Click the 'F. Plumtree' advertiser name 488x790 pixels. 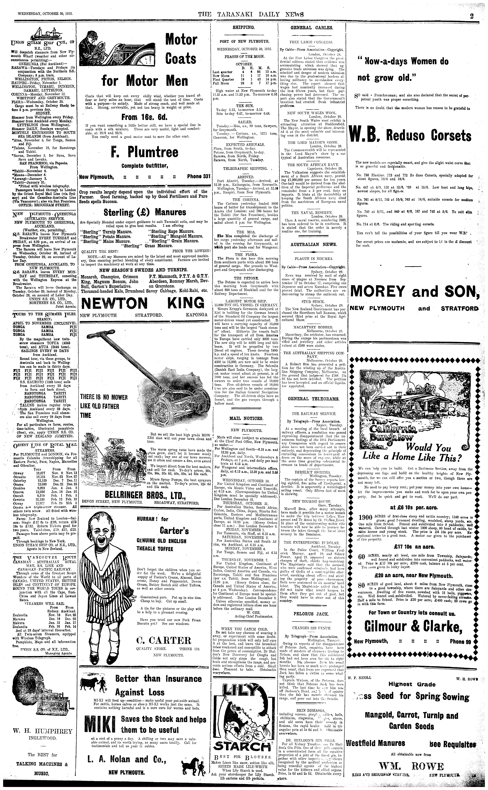pos(144,152)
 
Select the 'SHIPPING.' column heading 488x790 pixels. pos(244,27)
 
